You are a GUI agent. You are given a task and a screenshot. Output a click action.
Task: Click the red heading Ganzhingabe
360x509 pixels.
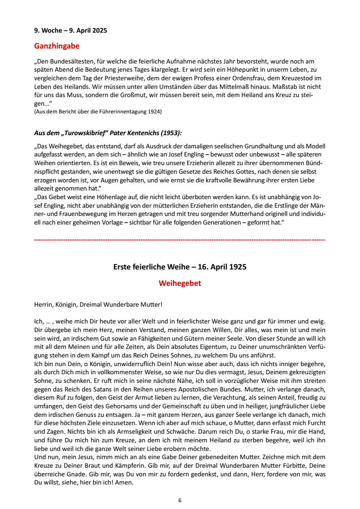[57, 46]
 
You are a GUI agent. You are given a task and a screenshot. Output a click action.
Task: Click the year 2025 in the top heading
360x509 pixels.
[99, 31]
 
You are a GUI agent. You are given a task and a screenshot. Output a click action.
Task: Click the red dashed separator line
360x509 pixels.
[180, 239]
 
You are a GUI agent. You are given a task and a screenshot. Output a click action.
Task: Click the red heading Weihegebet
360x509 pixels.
[180, 284]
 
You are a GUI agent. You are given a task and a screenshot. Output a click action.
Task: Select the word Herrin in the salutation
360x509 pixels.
[44, 305]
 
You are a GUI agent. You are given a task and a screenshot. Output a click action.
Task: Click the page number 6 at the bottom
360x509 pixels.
[180, 500]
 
